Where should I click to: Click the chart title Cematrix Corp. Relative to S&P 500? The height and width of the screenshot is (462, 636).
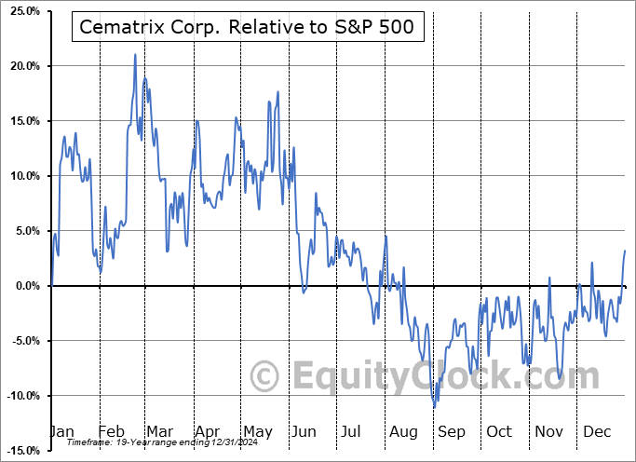247,28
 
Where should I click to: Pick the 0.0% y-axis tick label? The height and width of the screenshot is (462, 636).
25,287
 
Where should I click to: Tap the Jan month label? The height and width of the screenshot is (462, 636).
61,432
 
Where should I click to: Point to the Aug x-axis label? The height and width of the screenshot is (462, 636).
403,432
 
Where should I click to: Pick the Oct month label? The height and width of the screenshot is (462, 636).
499,432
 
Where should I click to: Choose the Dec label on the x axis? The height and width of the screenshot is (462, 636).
596,432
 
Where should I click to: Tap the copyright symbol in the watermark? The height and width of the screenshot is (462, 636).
265,377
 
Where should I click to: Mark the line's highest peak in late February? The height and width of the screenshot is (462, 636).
135,54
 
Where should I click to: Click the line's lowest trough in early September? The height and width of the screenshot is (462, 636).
434,407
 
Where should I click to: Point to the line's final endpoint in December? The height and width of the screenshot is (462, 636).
625,251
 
